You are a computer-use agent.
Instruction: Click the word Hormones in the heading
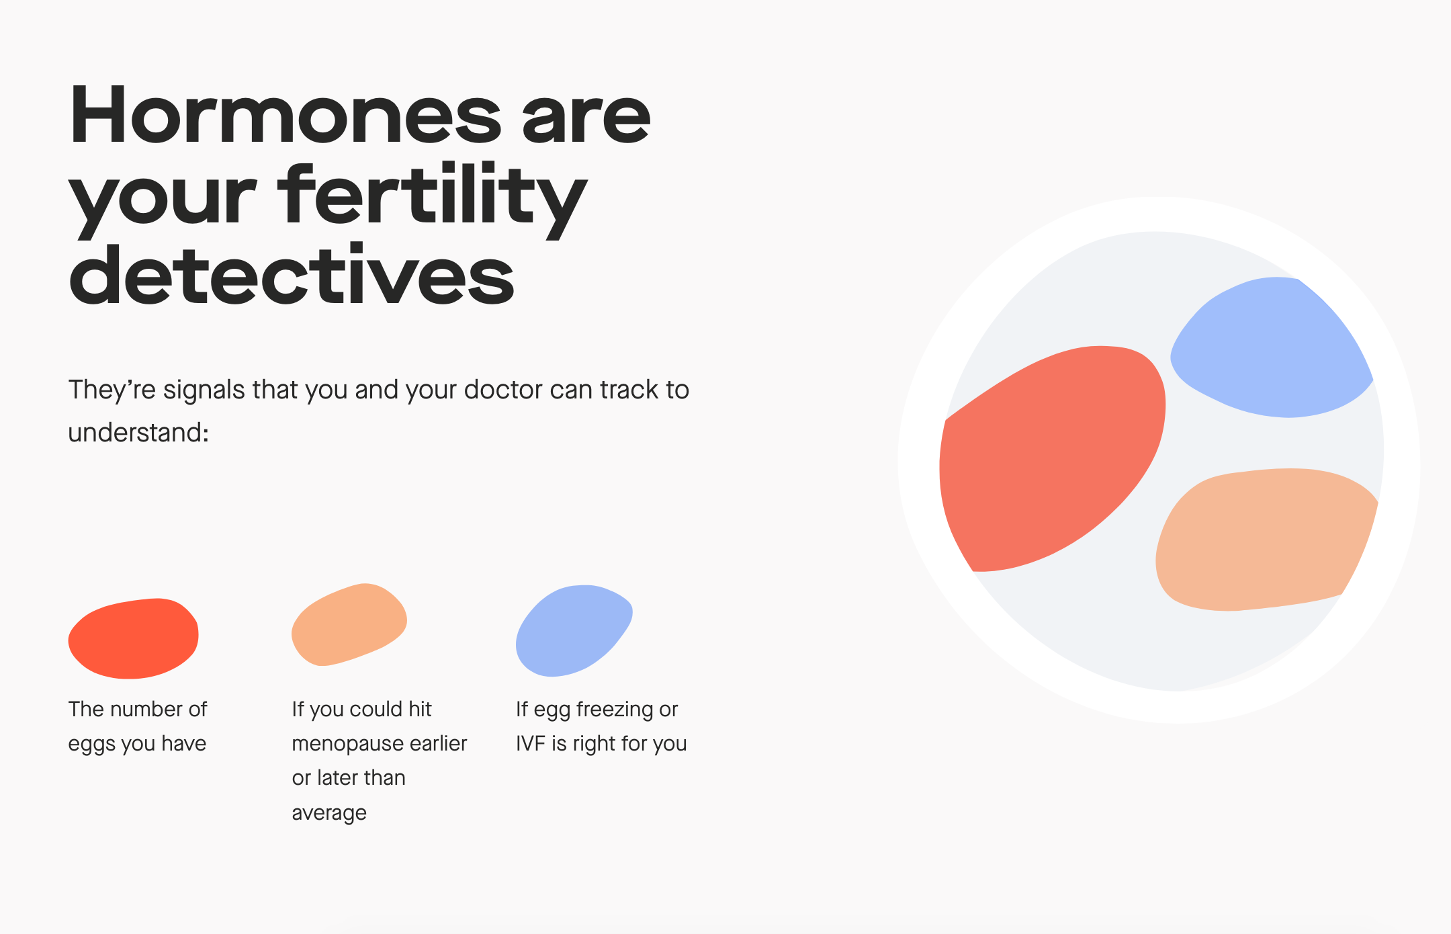tap(285, 116)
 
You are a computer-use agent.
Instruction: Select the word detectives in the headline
tap(291, 275)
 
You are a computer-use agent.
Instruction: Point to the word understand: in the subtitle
tap(138, 432)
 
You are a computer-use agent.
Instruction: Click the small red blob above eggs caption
tap(134, 638)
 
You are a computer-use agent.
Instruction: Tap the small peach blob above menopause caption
tap(349, 624)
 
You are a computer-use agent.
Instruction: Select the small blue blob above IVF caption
tap(572, 630)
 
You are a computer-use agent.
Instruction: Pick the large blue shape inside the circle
tap(1270, 349)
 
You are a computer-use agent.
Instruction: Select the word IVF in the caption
tap(530, 744)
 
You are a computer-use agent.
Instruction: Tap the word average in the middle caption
tap(329, 813)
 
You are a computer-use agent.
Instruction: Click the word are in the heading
tap(586, 116)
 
